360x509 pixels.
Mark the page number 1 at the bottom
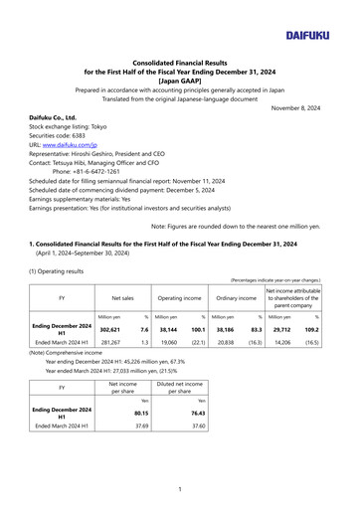pos(180,488)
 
